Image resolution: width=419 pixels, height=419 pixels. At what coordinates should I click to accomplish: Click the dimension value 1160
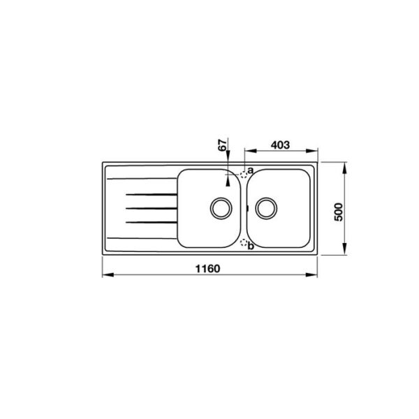pyautogui.click(x=208, y=269)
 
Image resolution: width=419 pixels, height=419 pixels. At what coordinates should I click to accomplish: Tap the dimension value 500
pyautogui.click(x=338, y=212)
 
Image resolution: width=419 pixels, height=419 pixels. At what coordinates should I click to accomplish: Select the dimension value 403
pyautogui.click(x=280, y=145)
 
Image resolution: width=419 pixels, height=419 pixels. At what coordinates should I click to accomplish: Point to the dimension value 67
pyautogui.click(x=223, y=145)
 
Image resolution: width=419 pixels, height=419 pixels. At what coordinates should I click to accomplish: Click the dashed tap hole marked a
pyautogui.click(x=244, y=175)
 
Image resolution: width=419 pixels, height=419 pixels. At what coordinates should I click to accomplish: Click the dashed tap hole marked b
pyautogui.click(x=244, y=242)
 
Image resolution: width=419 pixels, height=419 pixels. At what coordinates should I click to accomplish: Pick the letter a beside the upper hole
pyautogui.click(x=250, y=170)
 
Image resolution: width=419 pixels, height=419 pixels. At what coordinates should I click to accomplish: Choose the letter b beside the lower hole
pyautogui.click(x=251, y=246)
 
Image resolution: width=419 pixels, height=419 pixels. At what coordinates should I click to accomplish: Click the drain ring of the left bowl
pyautogui.click(x=221, y=198)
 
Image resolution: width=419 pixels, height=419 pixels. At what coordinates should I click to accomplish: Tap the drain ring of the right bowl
pyautogui.click(x=266, y=198)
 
